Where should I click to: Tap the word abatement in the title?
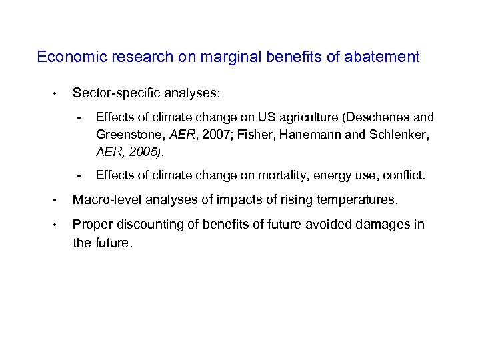click(382, 57)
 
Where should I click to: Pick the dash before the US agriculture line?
click(79, 117)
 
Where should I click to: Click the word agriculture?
click(305, 117)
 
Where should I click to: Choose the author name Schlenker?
click(397, 135)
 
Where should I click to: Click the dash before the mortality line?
click(79, 176)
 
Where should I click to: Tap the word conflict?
click(402, 176)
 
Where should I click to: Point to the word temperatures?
click(360, 200)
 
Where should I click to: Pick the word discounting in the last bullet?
click(146, 225)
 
